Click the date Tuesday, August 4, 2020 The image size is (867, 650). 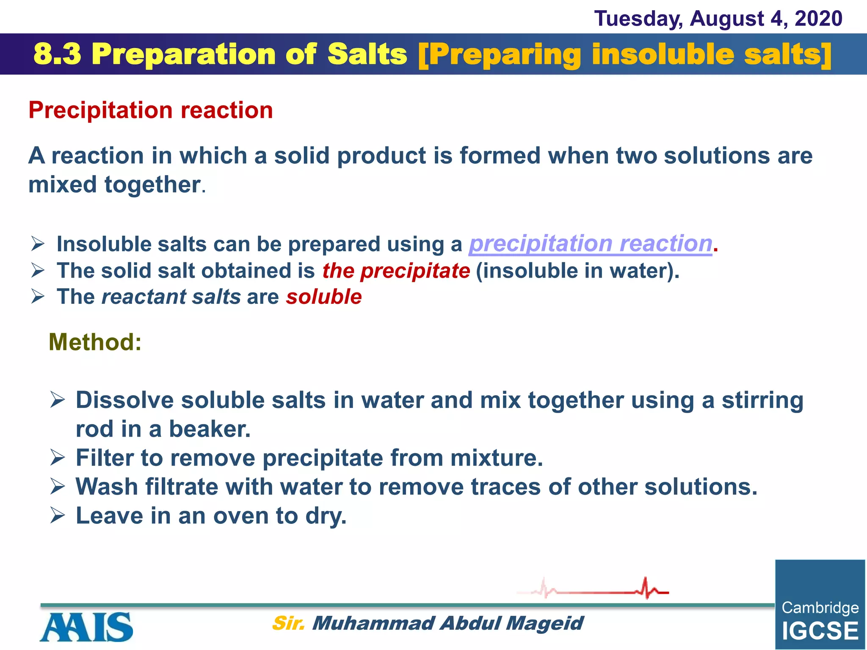(718, 19)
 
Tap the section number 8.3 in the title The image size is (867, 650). (57, 54)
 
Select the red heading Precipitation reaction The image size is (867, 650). (150, 110)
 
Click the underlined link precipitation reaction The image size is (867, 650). (591, 244)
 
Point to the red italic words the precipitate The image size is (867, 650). (396, 271)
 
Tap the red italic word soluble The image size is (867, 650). (324, 297)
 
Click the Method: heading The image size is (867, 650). (95, 342)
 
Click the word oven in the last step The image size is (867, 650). (240, 516)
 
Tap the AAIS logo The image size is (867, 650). (86, 627)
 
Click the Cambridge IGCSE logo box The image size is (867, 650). (820, 604)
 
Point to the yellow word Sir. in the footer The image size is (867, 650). (288, 623)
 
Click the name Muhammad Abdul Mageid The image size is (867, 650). (447, 623)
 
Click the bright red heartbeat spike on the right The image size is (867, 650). (646, 587)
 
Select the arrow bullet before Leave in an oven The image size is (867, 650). (57, 515)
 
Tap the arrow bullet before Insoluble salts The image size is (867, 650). (38, 244)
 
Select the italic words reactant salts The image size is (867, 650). (171, 297)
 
